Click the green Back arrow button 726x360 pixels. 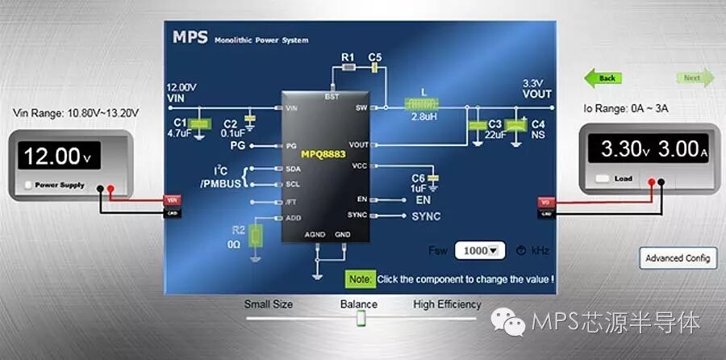coord(603,78)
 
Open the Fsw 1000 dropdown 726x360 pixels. coord(480,250)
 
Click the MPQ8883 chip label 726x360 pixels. coord(323,153)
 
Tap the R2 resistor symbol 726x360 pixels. coord(257,237)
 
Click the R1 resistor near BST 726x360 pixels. coord(348,69)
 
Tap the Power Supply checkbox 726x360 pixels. coord(30,185)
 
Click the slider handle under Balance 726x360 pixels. coord(361,320)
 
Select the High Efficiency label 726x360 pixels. coord(447,304)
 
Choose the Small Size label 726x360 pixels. coord(269,304)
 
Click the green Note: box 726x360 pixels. coord(360,279)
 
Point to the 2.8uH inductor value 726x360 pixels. coord(424,118)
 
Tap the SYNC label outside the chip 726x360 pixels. coord(426,216)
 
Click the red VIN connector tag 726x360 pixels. coord(172,199)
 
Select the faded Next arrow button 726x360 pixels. coord(695,78)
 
